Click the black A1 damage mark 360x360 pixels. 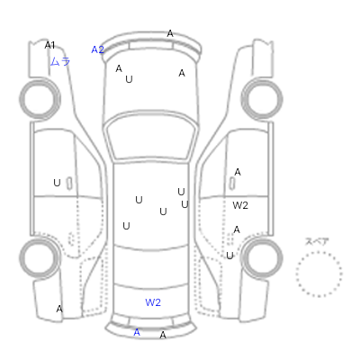click(49, 45)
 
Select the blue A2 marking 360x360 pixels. click(97, 49)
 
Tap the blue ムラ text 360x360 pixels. click(60, 61)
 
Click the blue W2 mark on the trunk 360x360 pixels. click(153, 302)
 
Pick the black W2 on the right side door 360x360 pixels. click(240, 205)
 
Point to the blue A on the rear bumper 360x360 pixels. click(137, 332)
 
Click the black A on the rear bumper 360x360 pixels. click(163, 335)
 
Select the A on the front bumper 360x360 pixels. click(170, 33)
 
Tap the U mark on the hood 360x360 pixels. click(129, 79)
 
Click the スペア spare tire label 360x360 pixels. click(317, 241)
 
